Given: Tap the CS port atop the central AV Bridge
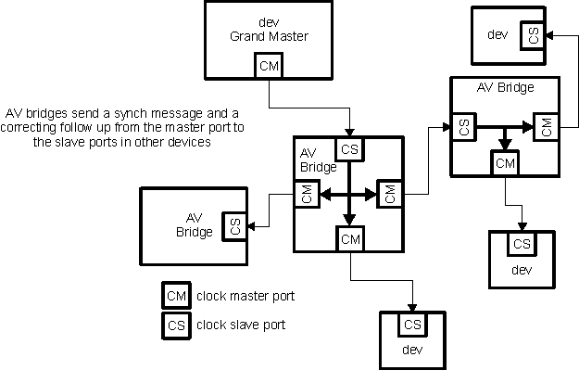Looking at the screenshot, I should click(349, 149).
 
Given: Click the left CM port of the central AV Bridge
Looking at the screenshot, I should click(306, 195).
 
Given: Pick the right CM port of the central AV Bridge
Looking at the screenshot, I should click(389, 195).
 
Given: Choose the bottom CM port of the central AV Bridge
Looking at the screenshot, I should click(349, 239).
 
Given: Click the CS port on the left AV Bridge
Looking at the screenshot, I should click(234, 225).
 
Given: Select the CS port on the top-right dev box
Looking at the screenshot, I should click(532, 36).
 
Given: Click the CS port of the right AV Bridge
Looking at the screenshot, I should click(460, 127).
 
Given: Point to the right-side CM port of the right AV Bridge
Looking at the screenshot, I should click(546, 127).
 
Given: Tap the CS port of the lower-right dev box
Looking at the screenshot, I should click(522, 244).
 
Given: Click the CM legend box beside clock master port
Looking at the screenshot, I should click(176, 297).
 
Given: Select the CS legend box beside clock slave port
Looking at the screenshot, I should click(176, 325).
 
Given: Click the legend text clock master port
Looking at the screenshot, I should click(246, 297).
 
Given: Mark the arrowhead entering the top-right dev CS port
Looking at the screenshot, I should click(549, 36).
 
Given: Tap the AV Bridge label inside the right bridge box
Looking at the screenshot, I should click(504, 88).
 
